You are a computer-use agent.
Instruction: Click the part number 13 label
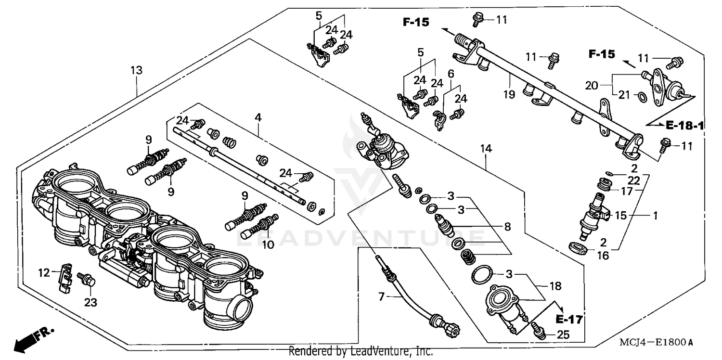pos(136,70)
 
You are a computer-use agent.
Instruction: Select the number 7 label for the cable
pos(381,297)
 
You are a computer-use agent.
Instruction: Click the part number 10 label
pos(268,244)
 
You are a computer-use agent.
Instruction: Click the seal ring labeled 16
pos(579,248)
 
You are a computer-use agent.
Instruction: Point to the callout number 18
pos(555,286)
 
